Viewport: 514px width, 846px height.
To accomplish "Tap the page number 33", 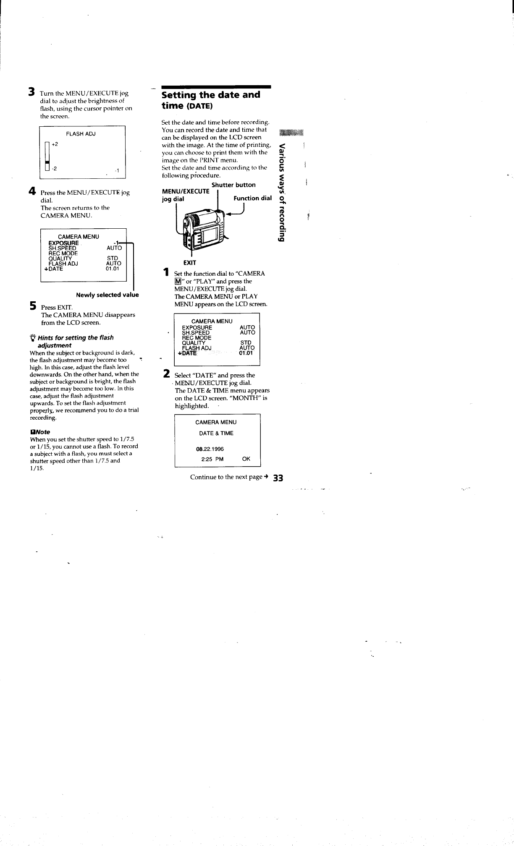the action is click(x=278, y=478).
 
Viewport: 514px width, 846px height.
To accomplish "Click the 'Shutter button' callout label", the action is click(x=233, y=185).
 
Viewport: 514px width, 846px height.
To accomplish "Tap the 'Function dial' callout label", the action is click(x=253, y=198).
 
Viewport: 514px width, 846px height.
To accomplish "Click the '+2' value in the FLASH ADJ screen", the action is click(x=55, y=144).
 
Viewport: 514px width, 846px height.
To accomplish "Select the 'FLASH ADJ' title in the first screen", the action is click(x=81, y=134).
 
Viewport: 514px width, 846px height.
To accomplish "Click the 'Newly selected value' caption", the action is click(x=107, y=295).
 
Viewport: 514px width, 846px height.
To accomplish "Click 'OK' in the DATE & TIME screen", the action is click(x=246, y=459).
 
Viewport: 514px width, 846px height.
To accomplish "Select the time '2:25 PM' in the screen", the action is click(x=212, y=459).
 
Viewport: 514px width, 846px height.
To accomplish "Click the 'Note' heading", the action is click(x=41, y=432).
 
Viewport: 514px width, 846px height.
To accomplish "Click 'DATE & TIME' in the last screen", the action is click(x=216, y=433).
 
